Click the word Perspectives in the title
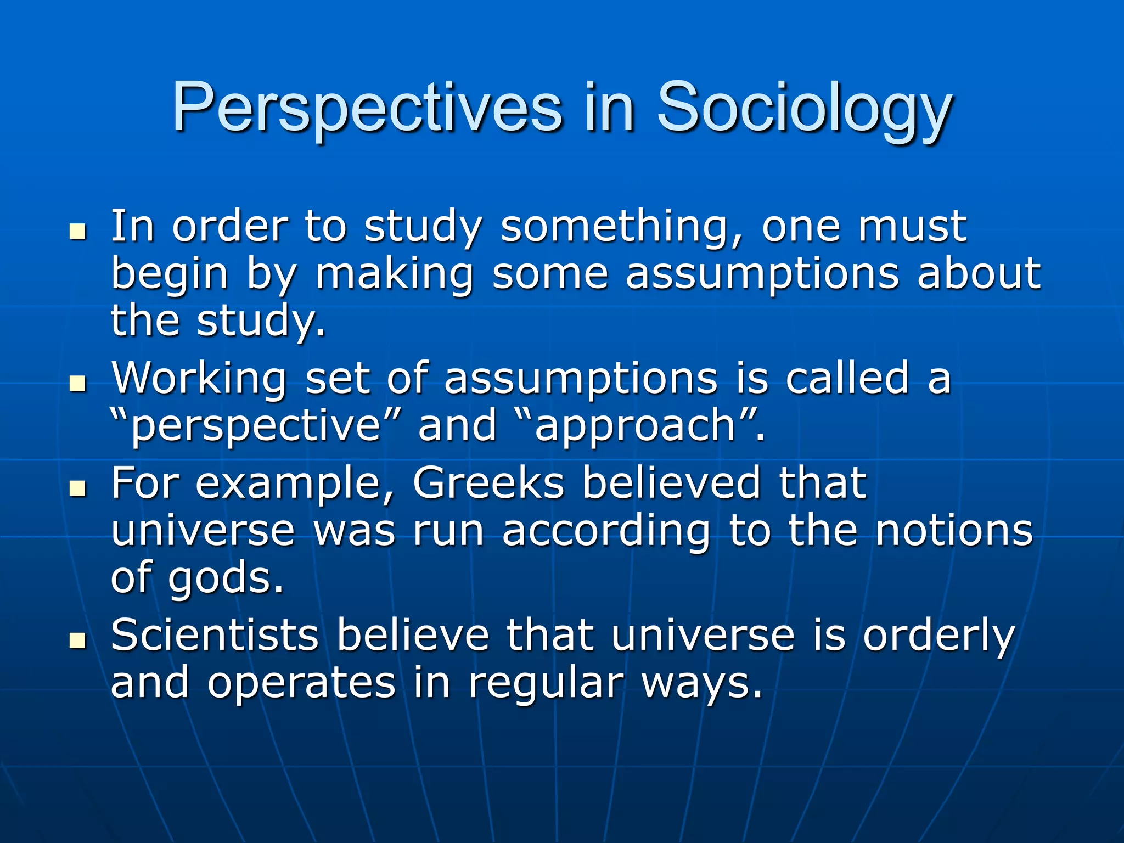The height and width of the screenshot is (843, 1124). point(367,108)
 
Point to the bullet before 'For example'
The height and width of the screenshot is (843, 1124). point(78,487)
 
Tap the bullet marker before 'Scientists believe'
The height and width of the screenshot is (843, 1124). point(78,640)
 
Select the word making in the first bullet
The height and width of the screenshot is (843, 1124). point(394,274)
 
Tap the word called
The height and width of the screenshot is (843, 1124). point(847,379)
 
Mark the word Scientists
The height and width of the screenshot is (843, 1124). point(215,636)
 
